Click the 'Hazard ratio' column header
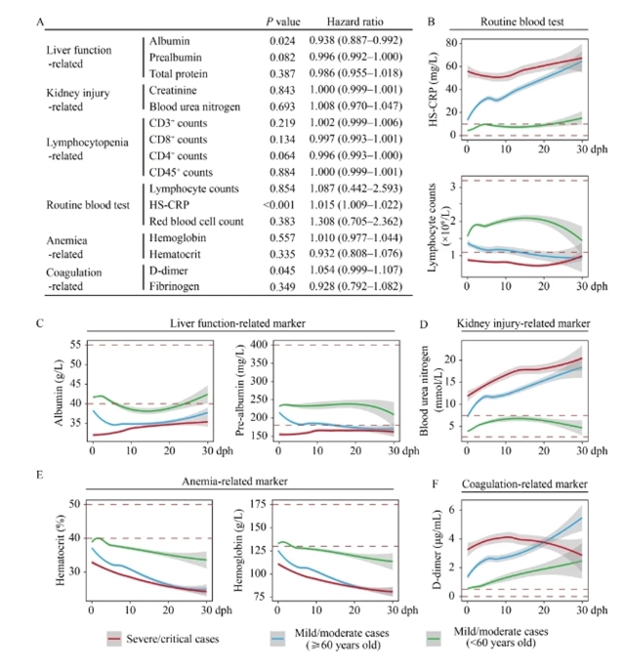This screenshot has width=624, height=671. click(352, 21)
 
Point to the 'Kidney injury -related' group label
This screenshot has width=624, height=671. click(79, 99)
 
